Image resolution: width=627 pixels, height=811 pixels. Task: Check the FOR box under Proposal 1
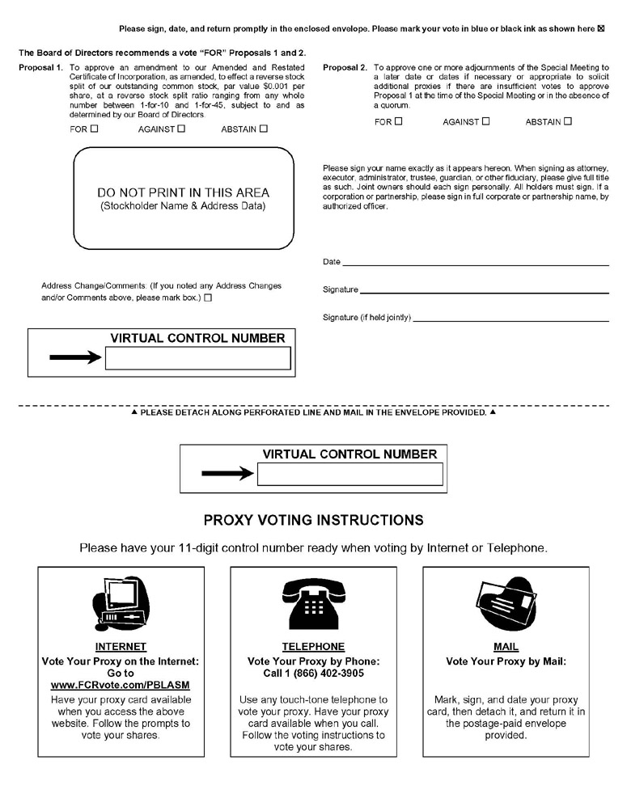coord(95,128)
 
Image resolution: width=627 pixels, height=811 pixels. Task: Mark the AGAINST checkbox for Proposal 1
coord(181,128)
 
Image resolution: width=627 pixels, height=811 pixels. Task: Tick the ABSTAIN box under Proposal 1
coord(264,128)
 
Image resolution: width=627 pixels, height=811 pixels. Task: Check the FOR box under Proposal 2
coord(398,121)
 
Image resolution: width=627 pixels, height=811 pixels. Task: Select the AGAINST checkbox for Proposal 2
coord(485,121)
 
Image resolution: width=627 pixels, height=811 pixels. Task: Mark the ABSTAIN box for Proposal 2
coord(568,121)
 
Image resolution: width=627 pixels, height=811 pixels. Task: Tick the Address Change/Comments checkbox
coord(209,298)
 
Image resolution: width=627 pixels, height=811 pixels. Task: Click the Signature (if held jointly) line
coord(510,319)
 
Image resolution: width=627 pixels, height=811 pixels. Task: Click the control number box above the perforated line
coord(197,358)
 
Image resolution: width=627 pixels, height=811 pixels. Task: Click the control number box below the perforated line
coord(350,474)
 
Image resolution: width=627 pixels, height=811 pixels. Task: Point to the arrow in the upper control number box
coord(75,357)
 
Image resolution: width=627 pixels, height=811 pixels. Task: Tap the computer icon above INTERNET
coord(120,602)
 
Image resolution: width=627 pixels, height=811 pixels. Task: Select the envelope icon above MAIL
coord(506,603)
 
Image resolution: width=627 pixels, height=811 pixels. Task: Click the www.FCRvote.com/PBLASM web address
coord(121,685)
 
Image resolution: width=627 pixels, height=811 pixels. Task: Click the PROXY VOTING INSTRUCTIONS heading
coord(313,519)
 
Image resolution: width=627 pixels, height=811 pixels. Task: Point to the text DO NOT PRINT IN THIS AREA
coord(183,193)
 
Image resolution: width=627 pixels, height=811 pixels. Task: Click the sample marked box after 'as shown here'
coord(600,29)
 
